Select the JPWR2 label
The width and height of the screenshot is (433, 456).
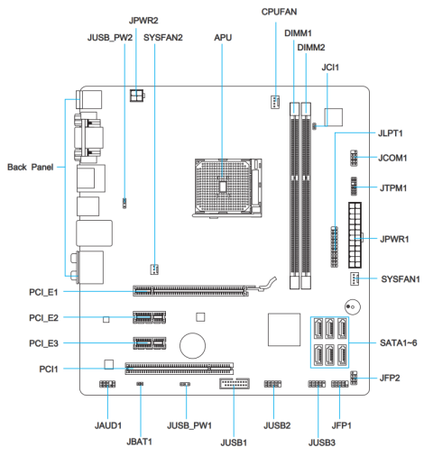click(143, 19)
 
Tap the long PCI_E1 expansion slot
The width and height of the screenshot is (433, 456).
click(194, 291)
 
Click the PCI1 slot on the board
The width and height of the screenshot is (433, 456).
click(178, 367)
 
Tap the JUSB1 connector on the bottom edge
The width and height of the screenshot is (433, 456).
click(234, 385)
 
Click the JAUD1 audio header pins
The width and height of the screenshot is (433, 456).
click(106, 385)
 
